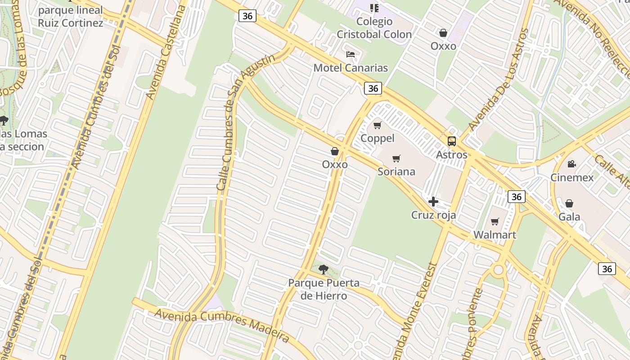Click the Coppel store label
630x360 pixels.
[x=378, y=138]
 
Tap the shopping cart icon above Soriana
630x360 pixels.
[x=396, y=158]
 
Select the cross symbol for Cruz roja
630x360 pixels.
[x=433, y=202]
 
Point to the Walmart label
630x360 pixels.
[x=495, y=234]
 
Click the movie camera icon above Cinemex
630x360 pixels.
[x=571, y=164]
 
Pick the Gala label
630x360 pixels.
[x=569, y=216]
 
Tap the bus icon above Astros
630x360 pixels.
[x=452, y=141]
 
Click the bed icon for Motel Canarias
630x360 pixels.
[x=351, y=55]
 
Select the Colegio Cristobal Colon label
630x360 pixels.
[x=374, y=28]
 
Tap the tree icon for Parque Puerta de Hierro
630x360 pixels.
[x=323, y=270]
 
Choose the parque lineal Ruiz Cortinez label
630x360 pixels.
[x=70, y=16]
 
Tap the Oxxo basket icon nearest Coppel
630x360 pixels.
[x=335, y=151]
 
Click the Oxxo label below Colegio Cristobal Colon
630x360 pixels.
[x=443, y=46]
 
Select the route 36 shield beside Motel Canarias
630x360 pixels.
[x=373, y=88]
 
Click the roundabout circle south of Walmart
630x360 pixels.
[x=498, y=270]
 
